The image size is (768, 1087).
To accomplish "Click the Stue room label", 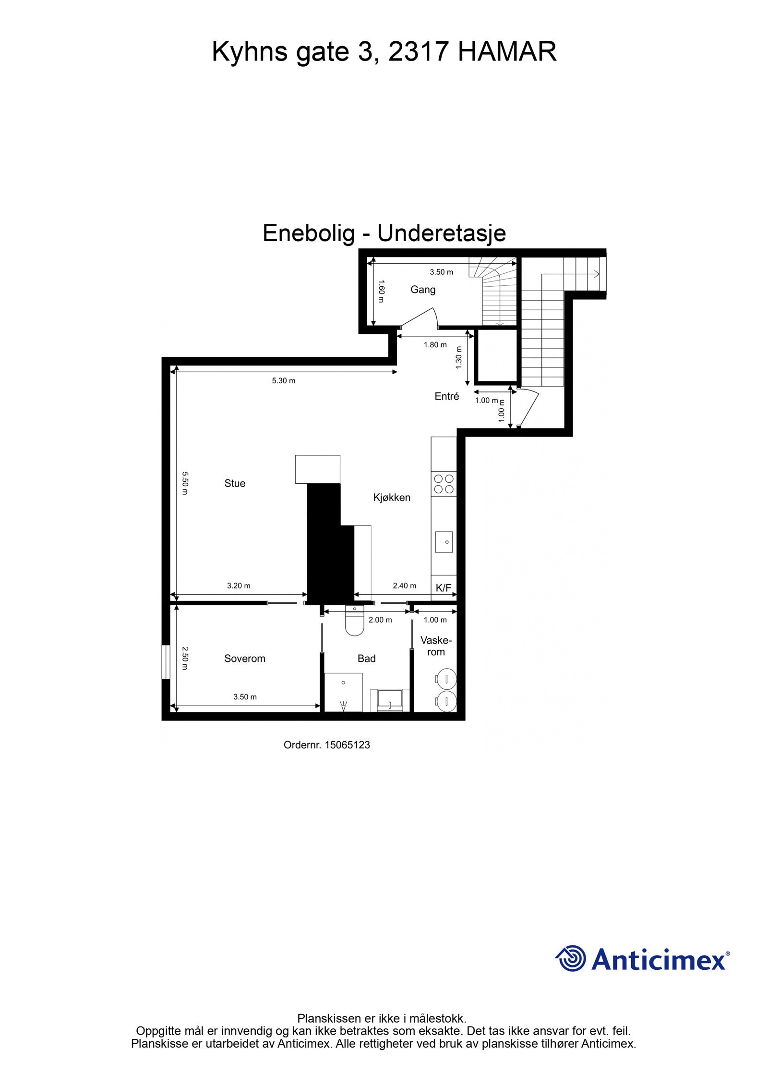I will [x=235, y=483].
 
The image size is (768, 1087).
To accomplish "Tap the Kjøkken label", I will [x=392, y=498].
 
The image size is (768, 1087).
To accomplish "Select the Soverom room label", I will [x=244, y=659].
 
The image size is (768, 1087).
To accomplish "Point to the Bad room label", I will [x=366, y=659].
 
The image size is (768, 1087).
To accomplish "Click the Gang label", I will [x=423, y=290].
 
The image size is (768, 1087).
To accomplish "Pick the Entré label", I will [x=447, y=396].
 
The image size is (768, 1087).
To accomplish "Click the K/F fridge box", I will [x=444, y=588].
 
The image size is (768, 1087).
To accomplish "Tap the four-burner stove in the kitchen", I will [x=444, y=484].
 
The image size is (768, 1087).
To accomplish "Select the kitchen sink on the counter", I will [x=444, y=542].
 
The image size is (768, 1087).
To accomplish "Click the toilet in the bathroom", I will [x=355, y=622].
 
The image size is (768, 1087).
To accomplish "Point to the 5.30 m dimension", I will [x=284, y=380].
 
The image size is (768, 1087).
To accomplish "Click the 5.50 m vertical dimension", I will [x=185, y=483].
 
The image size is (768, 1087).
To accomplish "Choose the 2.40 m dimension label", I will [x=405, y=586].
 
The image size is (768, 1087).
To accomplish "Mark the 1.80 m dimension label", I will [x=435, y=344].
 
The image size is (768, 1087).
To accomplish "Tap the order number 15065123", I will [x=347, y=745].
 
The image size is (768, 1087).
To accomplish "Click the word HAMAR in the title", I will [x=507, y=51].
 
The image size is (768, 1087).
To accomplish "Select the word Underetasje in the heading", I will [x=442, y=233].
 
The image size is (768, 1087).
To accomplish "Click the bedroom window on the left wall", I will [x=166, y=662].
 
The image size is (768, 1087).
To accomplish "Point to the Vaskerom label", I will [x=436, y=646].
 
